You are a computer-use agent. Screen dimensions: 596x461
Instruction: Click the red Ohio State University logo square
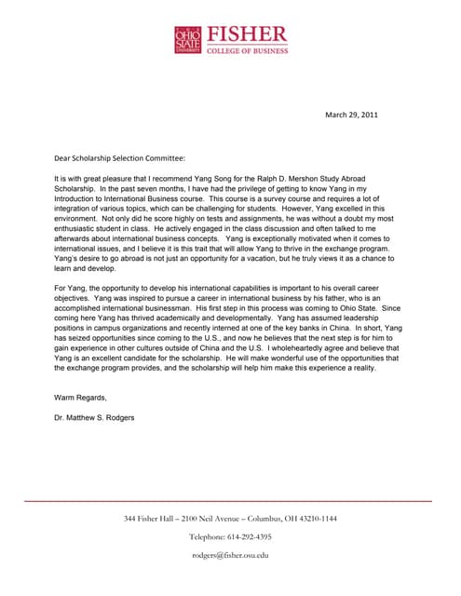[187, 38]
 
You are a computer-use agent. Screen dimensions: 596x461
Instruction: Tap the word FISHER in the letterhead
[247, 34]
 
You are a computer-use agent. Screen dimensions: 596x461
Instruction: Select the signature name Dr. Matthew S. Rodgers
[94, 417]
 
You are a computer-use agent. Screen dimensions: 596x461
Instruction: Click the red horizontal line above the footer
[230, 501]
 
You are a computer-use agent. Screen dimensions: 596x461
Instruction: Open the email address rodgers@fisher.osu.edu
[230, 555]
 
